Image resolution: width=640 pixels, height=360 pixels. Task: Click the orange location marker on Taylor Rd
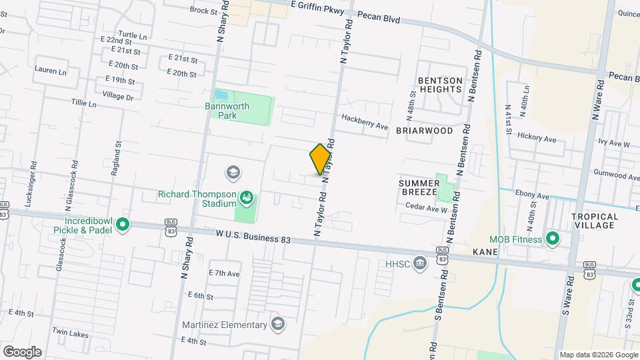[320, 159]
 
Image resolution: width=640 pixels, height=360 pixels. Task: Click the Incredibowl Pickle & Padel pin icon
[123, 225]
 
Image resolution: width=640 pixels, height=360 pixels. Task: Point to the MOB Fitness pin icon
[552, 238]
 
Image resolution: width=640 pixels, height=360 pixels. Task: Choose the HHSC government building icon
[419, 264]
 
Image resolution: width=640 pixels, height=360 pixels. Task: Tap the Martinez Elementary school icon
[277, 324]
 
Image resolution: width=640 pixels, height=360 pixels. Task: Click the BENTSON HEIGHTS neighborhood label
[439, 85]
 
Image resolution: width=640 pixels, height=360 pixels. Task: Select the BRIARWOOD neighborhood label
[425, 131]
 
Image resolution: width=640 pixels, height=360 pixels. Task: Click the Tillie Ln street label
[83, 104]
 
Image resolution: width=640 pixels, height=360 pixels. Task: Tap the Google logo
[21, 351]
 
